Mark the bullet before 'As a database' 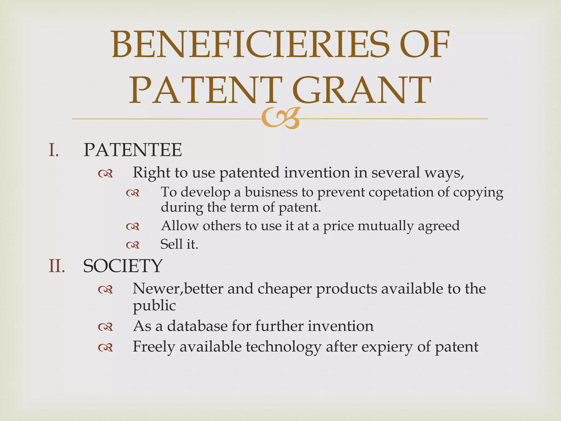pos(105,327)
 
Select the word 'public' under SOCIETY pos(154,306)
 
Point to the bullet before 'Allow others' pos(133,227)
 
